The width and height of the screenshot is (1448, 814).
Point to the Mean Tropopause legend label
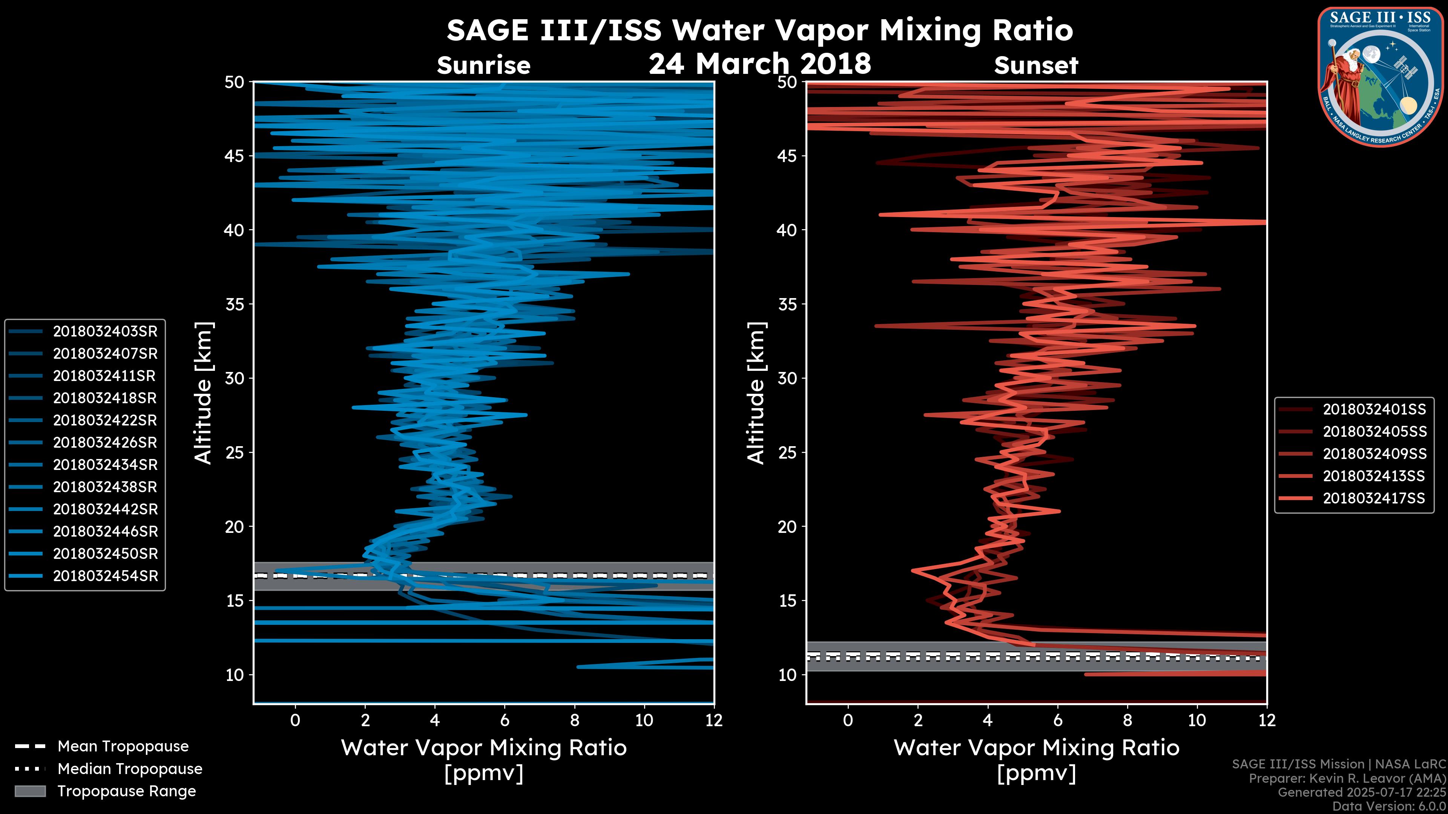[123, 747]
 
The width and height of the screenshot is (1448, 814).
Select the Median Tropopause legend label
[130, 769]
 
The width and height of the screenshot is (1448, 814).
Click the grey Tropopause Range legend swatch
[30, 791]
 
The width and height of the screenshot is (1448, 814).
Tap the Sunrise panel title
[483, 66]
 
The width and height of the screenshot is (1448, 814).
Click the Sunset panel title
[1036, 66]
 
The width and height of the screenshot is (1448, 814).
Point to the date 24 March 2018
[759, 63]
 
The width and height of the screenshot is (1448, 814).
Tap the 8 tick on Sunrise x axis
[574, 720]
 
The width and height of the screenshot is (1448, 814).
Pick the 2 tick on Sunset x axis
[918, 720]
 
